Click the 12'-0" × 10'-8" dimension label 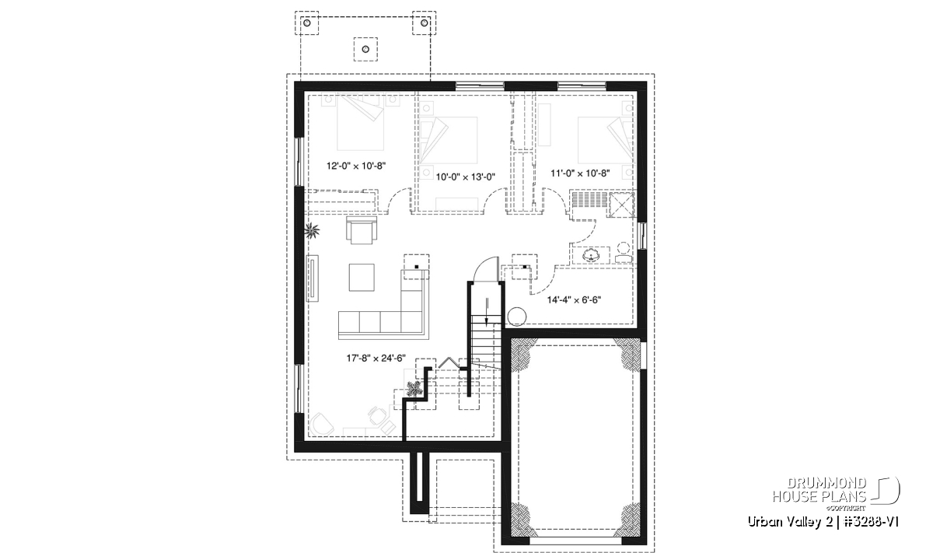(x=356, y=166)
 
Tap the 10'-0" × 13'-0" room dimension (x=465, y=177)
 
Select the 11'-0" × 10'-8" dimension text (x=580, y=173)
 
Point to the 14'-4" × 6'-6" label (x=574, y=300)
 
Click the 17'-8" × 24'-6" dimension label (x=376, y=359)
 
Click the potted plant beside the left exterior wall (x=312, y=230)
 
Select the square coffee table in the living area (x=362, y=277)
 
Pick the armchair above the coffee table (x=362, y=230)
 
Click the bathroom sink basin (x=591, y=255)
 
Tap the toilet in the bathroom (x=624, y=253)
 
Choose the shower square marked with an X (x=621, y=205)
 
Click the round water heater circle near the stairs (x=517, y=316)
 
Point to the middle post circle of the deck (x=365, y=50)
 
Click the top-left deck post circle (x=307, y=23)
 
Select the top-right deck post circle (x=425, y=23)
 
